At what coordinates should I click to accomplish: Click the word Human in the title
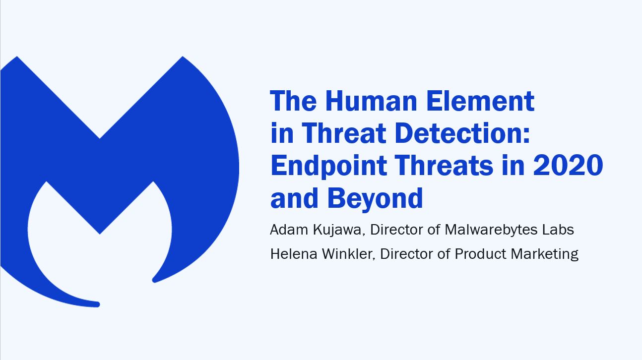(x=371, y=101)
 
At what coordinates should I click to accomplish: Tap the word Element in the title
(x=480, y=101)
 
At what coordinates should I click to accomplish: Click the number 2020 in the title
(x=568, y=165)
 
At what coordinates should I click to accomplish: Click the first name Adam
(x=289, y=230)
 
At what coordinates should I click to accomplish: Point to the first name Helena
(x=294, y=254)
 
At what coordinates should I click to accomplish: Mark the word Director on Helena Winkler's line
(x=406, y=254)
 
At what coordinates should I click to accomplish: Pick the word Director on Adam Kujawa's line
(x=396, y=230)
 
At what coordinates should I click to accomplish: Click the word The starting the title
(x=293, y=101)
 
